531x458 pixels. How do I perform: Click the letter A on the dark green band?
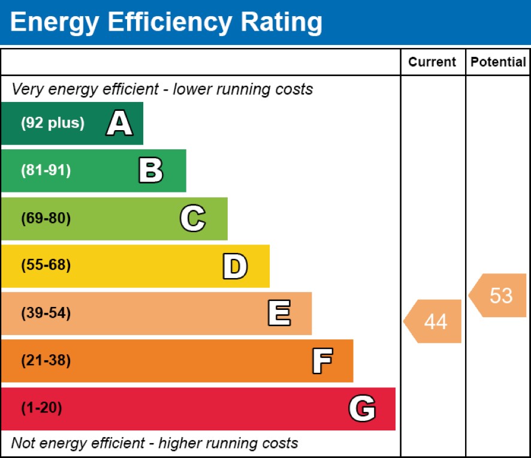(119, 123)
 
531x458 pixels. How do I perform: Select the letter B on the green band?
(150, 171)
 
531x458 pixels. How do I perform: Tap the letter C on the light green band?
(192, 218)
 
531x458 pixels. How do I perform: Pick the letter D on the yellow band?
(235, 266)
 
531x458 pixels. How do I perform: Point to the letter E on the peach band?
(279, 314)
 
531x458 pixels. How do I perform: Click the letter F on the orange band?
(322, 361)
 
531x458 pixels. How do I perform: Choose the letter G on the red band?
(362, 409)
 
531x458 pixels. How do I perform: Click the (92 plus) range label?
(53, 123)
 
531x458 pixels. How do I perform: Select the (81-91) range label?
(46, 171)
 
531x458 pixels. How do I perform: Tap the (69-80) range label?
(46, 218)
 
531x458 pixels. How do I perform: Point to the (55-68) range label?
(46, 266)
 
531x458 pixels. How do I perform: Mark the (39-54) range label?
(46, 314)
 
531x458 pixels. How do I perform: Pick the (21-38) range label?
(46, 361)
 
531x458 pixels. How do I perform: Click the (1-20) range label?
(41, 409)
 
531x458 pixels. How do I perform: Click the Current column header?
(432, 62)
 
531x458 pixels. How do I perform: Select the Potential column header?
(498, 62)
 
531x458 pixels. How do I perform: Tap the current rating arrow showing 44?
(433, 321)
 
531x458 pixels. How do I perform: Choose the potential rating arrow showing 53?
(498, 296)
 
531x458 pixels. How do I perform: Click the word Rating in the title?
(281, 22)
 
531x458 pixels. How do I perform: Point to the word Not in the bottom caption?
(22, 444)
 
